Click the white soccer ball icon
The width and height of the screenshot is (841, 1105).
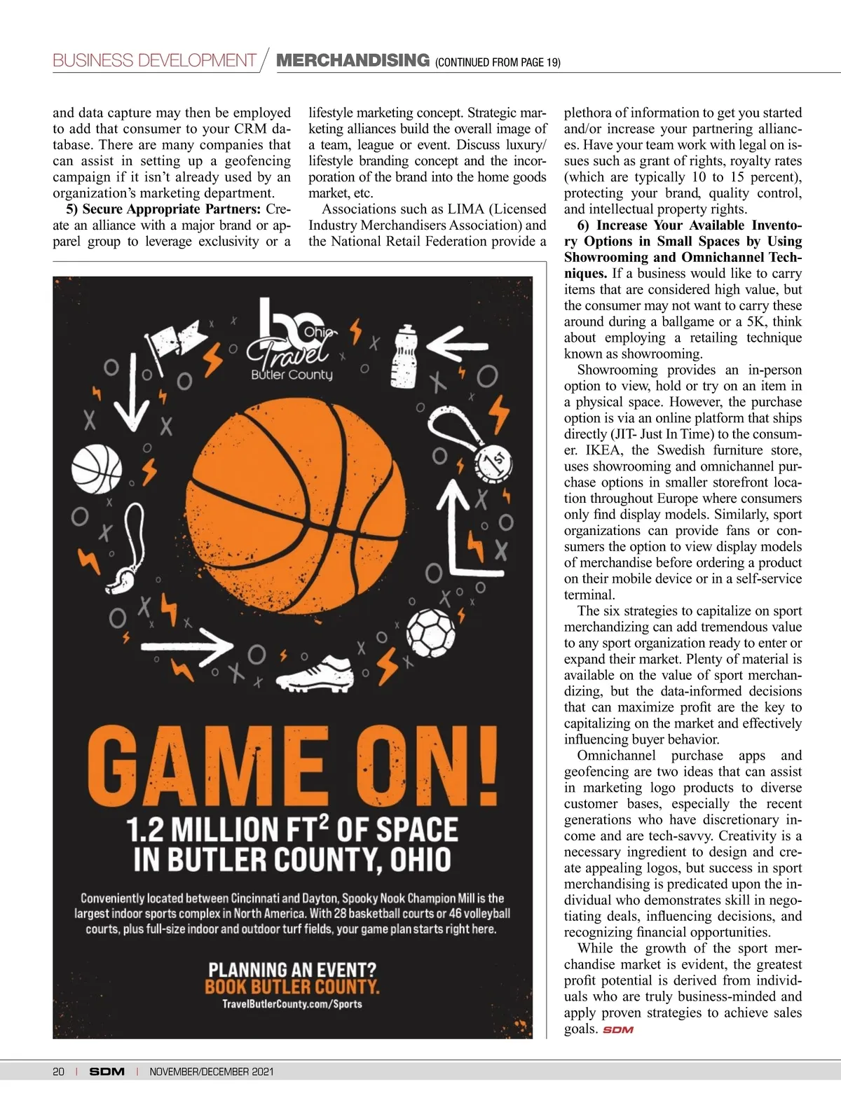(432, 630)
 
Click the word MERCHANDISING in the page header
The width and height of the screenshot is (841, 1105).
(353, 60)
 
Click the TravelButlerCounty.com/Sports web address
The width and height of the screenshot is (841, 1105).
(292, 1004)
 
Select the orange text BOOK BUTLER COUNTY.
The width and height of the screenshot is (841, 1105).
(292, 987)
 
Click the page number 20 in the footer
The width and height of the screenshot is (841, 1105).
(58, 1071)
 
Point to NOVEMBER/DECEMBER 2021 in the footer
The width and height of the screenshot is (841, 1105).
(212, 1071)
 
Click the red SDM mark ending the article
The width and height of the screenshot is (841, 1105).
(617, 1030)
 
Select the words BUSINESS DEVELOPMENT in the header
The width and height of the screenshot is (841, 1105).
(154, 60)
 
